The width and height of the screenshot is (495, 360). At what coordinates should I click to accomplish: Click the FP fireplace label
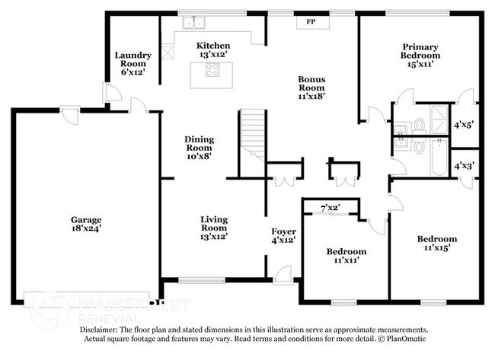pos(311,22)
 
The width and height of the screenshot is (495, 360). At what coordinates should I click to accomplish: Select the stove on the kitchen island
pos(212,72)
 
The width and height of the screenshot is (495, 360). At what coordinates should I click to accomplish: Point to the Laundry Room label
pos(133,60)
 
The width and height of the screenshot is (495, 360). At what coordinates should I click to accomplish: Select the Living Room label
pos(214,226)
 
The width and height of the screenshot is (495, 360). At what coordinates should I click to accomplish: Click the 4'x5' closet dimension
pos(463,124)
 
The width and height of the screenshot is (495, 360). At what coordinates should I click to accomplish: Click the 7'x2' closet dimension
pos(330,208)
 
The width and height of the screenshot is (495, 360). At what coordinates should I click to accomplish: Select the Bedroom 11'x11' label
pos(346,256)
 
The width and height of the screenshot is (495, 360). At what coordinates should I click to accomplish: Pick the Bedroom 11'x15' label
pos(437,244)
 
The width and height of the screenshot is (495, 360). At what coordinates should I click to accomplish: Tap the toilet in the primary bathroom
pos(419,126)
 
